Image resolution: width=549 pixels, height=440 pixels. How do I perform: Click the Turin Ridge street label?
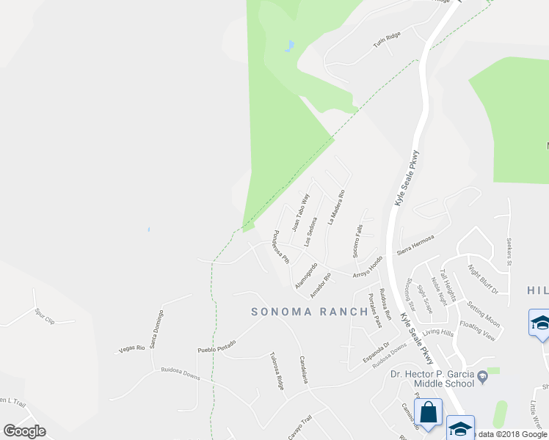386,42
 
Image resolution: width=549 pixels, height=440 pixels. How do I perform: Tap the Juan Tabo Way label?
301,212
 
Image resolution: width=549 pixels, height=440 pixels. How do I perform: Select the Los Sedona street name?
313,232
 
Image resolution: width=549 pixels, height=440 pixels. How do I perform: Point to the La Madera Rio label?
336,208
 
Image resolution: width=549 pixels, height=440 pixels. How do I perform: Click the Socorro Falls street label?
357,241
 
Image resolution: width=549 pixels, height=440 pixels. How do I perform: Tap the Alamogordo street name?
305,274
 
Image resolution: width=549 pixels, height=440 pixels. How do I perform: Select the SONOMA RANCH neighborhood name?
309,311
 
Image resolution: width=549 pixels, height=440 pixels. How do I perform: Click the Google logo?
24,431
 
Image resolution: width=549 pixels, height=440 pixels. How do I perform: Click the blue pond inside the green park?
290,46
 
